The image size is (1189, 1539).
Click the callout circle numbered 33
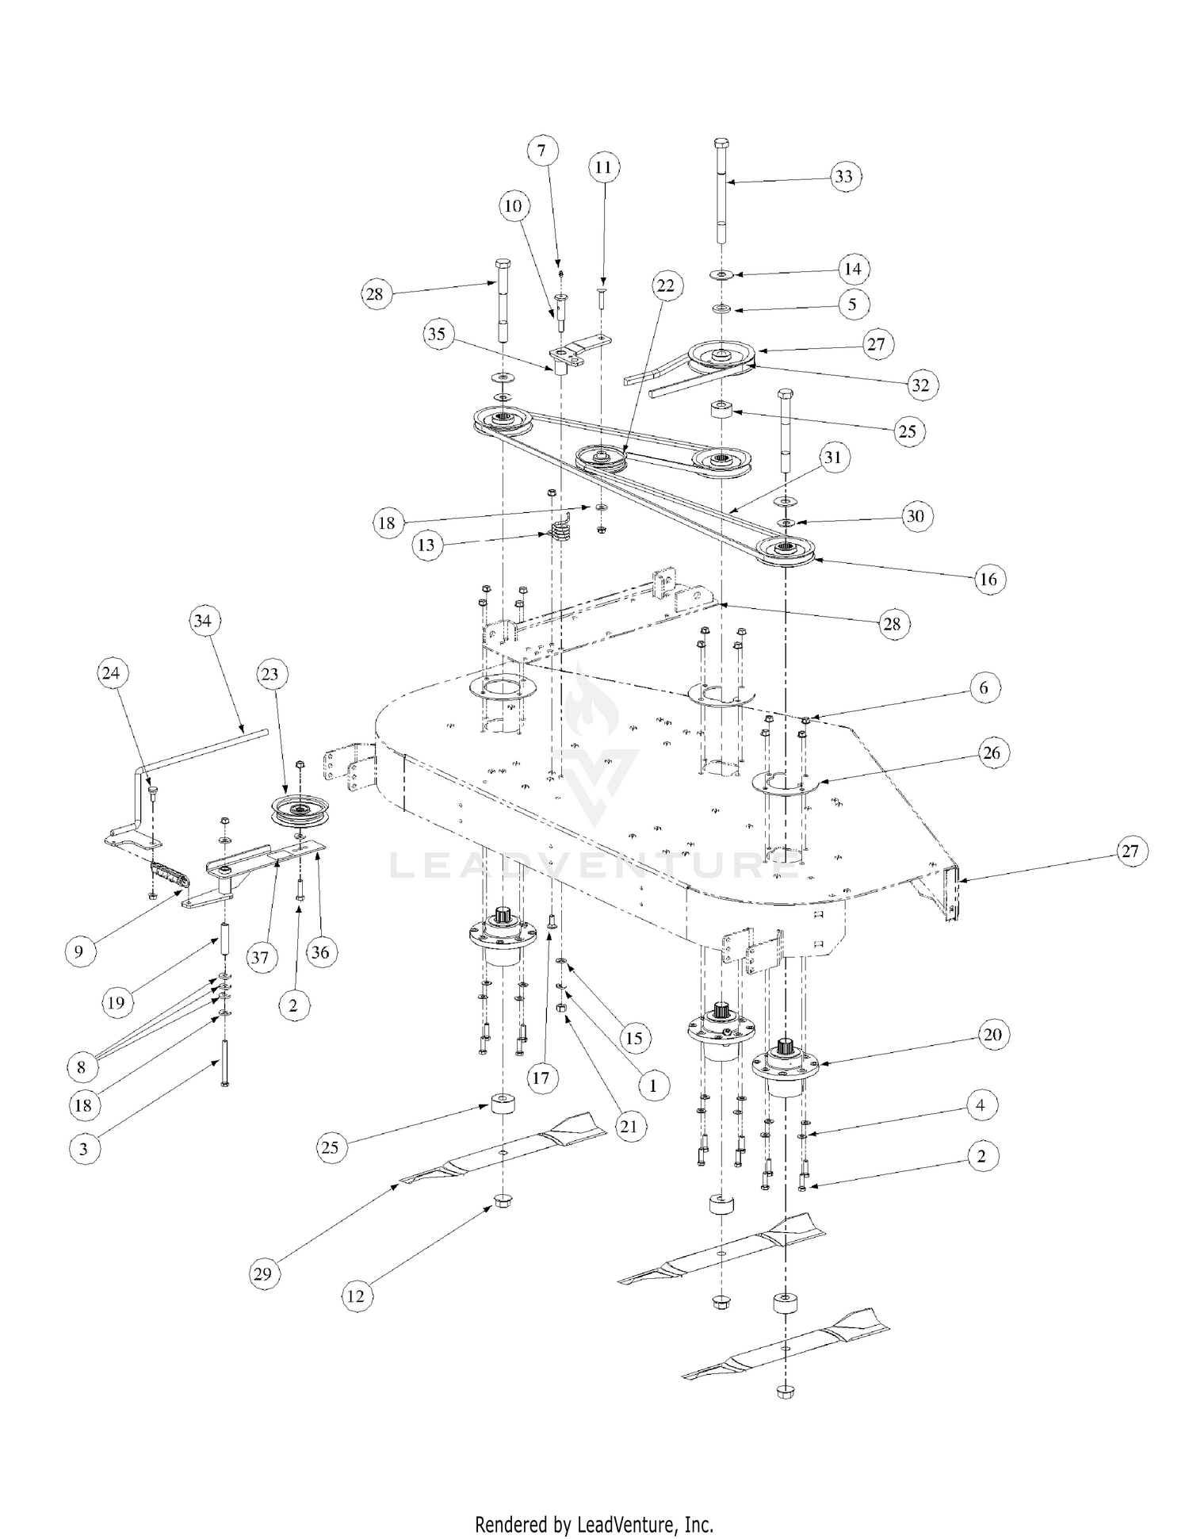pos(843,176)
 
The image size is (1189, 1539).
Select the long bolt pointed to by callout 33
pos(722,190)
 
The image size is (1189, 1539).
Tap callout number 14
pos(852,269)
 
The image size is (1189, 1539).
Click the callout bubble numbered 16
pos(988,579)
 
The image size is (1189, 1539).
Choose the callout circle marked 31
pos(832,457)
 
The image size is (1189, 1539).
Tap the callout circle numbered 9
pos(78,951)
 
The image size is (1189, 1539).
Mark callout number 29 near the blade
pos(262,1273)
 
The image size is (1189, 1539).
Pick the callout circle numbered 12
pos(356,1296)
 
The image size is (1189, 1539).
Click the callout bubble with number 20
pos(992,1035)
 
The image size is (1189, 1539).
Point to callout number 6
pos(984,687)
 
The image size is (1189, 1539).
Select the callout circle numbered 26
pos(992,752)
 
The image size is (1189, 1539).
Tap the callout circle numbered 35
pos(437,334)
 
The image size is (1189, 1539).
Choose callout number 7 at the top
pos(541,151)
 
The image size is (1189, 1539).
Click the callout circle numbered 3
pos(84,1149)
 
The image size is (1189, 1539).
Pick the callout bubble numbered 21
pos(628,1126)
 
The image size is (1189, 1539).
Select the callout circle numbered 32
pos(919,385)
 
